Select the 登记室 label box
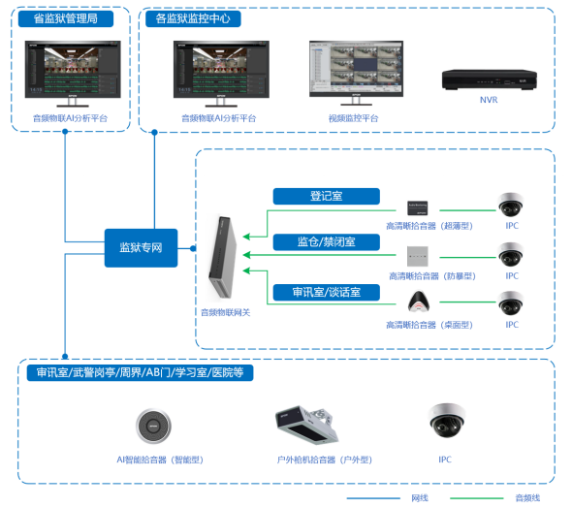click(x=326, y=197)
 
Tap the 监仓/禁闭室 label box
click(x=326, y=241)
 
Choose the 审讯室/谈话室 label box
click(x=326, y=291)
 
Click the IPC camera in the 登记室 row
click(x=511, y=205)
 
